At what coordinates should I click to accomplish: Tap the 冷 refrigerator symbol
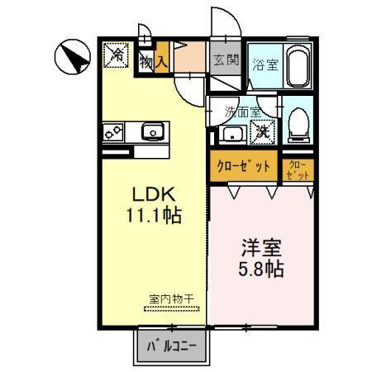(x=117, y=55)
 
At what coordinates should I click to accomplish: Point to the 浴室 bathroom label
(x=265, y=64)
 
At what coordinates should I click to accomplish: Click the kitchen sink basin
(x=153, y=131)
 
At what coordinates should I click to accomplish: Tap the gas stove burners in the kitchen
(x=114, y=131)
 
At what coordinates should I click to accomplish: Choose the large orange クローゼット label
(x=244, y=166)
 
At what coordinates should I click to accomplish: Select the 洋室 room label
(x=260, y=247)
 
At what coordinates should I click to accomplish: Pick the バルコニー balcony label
(x=171, y=346)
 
